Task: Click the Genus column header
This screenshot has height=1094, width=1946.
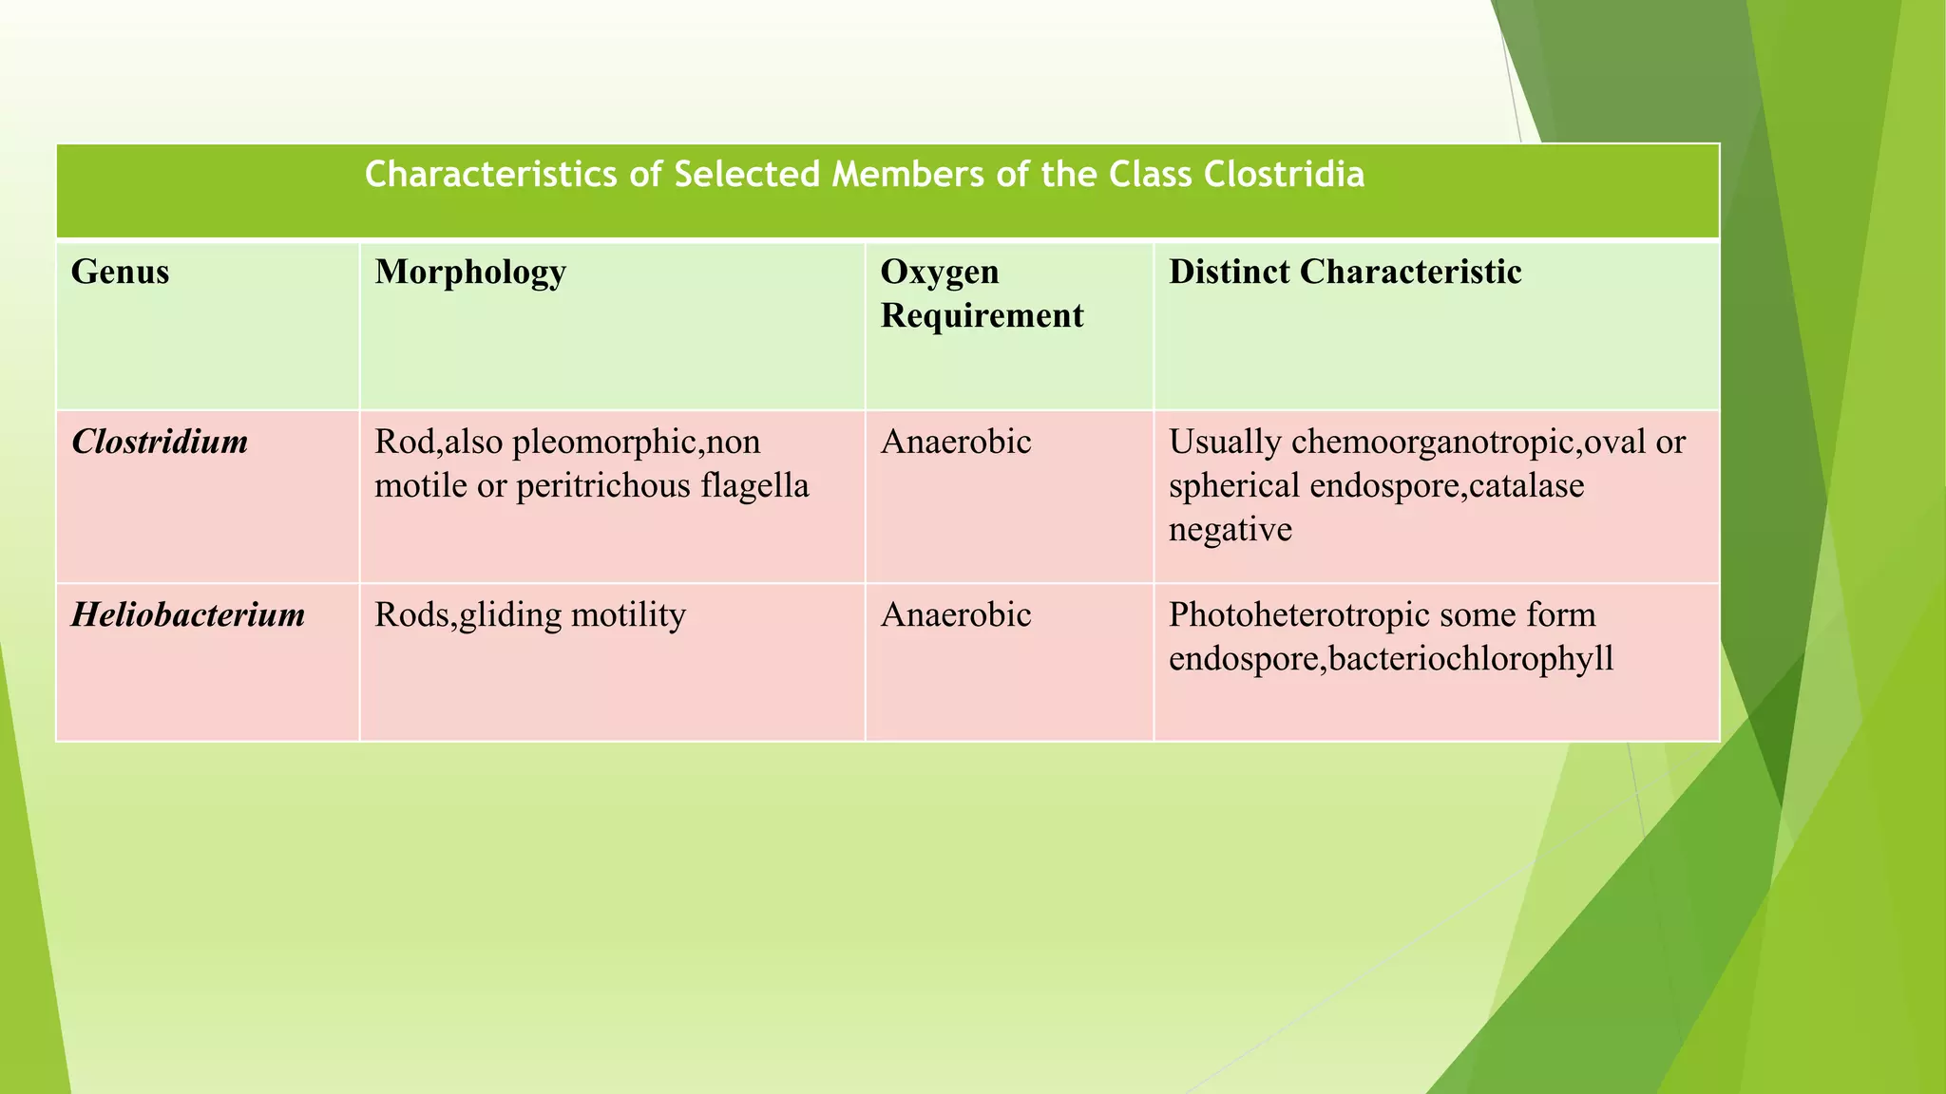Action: click(120, 273)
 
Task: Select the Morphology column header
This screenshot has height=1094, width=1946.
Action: click(470, 273)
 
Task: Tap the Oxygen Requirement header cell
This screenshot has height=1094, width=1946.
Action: click(981, 293)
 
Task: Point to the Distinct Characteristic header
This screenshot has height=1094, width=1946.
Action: click(1345, 273)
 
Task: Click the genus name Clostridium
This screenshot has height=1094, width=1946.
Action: click(160, 443)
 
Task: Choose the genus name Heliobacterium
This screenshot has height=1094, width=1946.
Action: click(188, 615)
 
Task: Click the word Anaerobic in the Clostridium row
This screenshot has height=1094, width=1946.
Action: click(955, 443)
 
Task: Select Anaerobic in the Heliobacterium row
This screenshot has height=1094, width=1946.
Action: click(955, 615)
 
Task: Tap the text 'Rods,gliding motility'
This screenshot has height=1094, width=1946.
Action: click(529, 615)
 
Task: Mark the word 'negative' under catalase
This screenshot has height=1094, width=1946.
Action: click(1230, 529)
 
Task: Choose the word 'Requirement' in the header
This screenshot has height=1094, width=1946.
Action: click(982, 315)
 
